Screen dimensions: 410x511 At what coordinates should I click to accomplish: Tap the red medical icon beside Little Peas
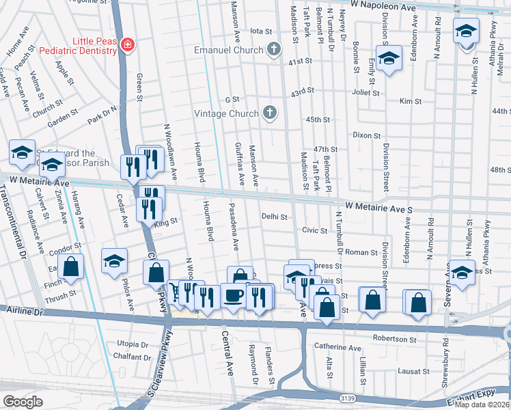tap(127, 45)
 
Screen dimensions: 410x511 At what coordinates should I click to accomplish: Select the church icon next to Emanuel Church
tap(274, 49)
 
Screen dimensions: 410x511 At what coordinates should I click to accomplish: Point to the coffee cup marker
tap(234, 296)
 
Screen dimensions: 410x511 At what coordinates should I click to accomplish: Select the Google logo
tap(23, 401)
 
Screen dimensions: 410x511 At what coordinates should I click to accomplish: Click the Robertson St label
tap(394, 339)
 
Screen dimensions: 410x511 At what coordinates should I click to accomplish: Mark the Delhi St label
tap(275, 217)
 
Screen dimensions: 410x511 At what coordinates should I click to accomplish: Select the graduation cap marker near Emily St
tap(388, 59)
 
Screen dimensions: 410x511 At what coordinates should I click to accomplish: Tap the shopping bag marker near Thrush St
tap(70, 268)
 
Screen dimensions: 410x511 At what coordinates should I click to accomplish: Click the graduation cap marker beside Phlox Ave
tap(114, 261)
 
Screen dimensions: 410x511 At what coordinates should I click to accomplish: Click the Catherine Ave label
tap(337, 348)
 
